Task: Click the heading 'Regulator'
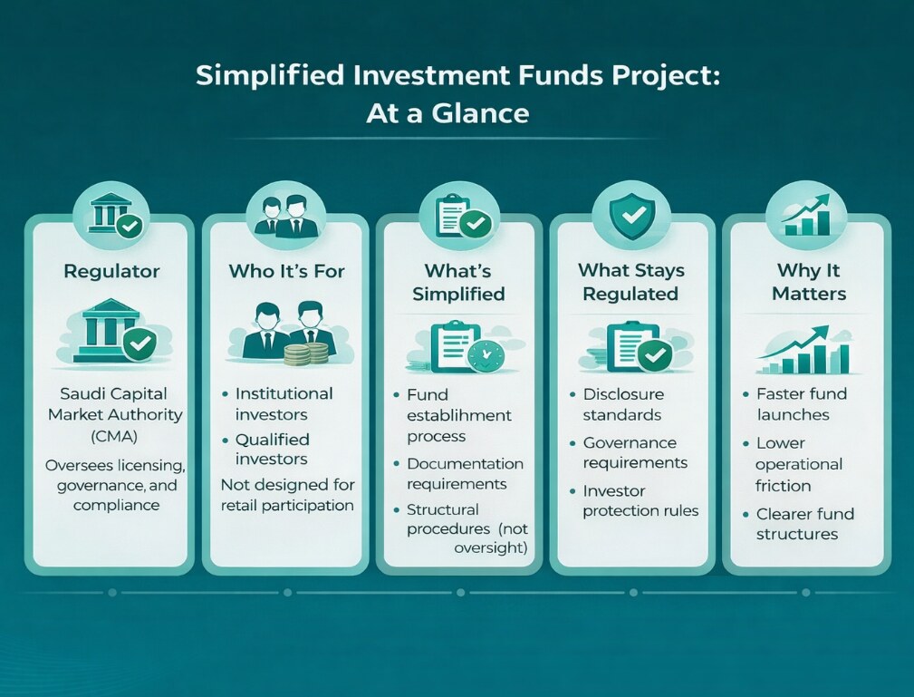tap(111, 271)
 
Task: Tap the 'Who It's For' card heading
tap(286, 271)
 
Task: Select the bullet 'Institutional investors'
tap(284, 403)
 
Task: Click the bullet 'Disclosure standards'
tap(622, 404)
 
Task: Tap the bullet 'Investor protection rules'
tap(640, 500)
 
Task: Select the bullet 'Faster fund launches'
tap(800, 403)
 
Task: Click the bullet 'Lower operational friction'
tap(798, 464)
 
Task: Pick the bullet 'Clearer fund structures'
tap(804, 524)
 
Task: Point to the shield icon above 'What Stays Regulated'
tap(631, 216)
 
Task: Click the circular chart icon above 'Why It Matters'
tap(805, 215)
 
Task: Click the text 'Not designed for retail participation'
tap(287, 495)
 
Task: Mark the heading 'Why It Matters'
tap(811, 282)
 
